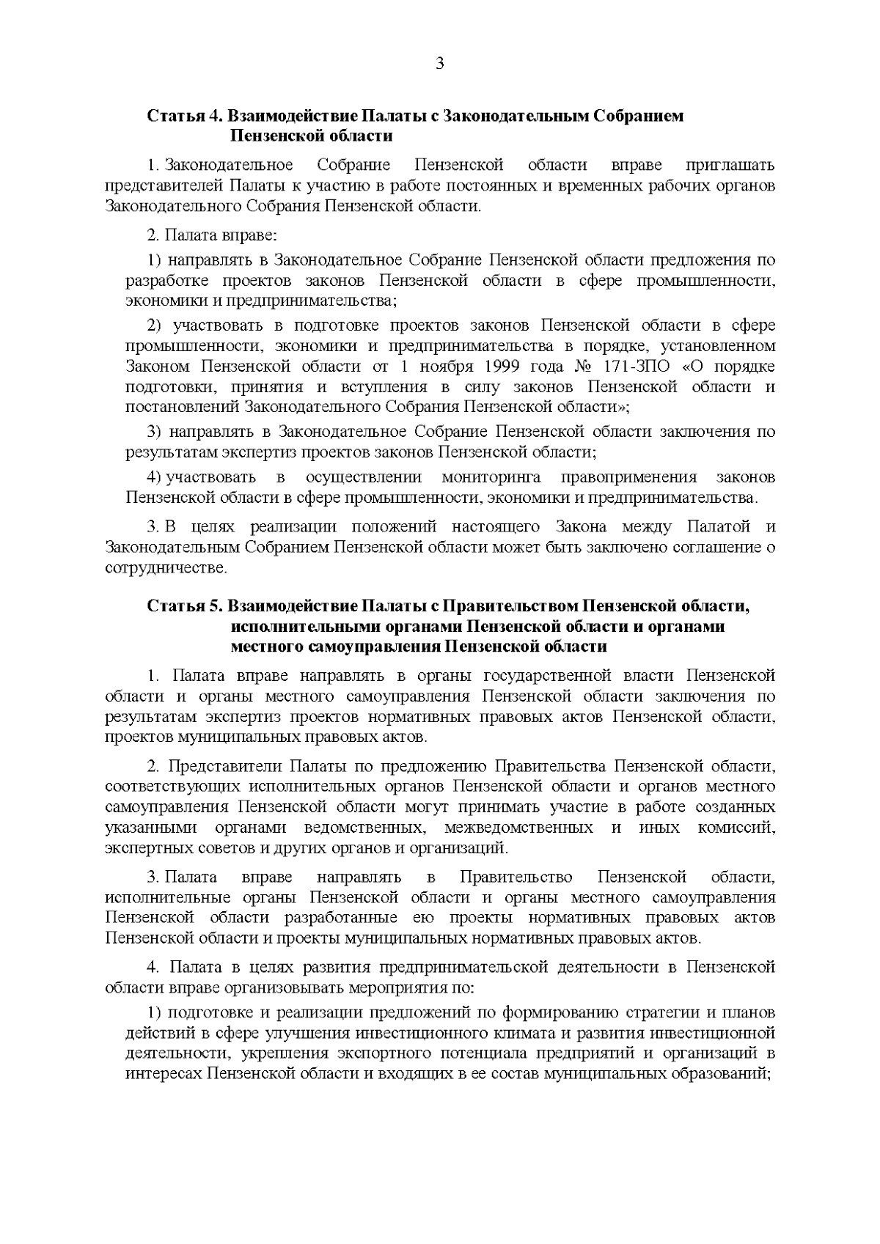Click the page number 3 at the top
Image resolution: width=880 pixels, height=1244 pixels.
(440, 64)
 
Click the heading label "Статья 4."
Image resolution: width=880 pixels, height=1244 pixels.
(185, 116)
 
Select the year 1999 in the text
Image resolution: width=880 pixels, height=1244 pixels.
(455, 366)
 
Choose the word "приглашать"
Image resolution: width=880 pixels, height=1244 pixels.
(730, 166)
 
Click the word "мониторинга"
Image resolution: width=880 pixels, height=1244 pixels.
(491, 478)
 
